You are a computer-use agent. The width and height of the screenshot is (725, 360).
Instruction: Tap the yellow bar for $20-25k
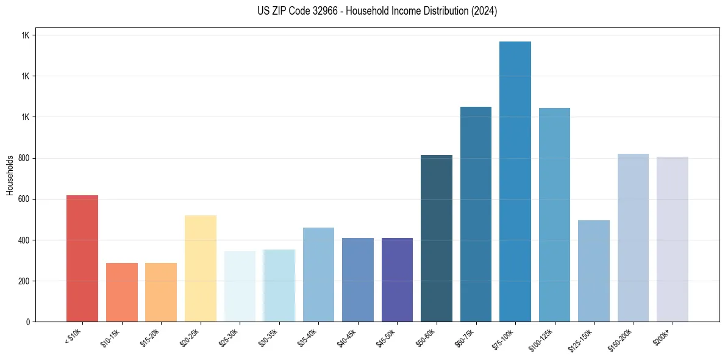[x=201, y=268]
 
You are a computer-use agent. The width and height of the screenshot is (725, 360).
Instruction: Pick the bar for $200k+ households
[x=673, y=239]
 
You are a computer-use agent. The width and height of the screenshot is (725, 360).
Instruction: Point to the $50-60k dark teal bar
[x=437, y=238]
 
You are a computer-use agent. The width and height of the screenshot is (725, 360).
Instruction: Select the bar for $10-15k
[x=122, y=292]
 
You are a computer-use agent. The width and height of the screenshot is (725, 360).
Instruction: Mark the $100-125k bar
[x=554, y=215]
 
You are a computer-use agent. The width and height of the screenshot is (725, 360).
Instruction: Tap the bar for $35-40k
[x=318, y=275]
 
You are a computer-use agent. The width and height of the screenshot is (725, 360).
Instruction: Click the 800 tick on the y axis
[x=24, y=158]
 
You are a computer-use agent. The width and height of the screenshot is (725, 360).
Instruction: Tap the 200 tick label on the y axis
[x=24, y=281]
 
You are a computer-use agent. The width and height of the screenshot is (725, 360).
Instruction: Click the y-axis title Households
[x=10, y=175]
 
